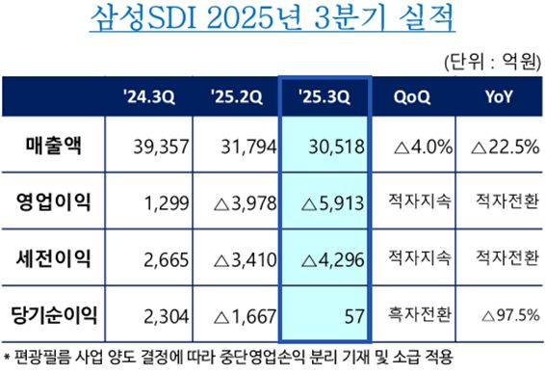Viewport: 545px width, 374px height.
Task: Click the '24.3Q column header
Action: pyautogui.click(x=149, y=96)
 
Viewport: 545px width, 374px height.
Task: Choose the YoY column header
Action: pyautogui.click(x=498, y=96)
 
